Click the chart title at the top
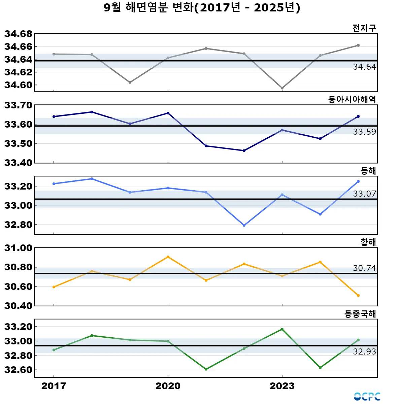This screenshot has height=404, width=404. (202, 7)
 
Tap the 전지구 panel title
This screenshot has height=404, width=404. (364, 28)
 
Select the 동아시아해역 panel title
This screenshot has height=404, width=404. (352, 99)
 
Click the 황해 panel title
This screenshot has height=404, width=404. (368, 242)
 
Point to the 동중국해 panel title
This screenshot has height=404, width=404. (360, 314)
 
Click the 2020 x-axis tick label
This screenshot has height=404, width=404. (168, 386)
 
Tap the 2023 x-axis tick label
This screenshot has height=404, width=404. (282, 386)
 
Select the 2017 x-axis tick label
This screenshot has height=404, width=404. (54, 386)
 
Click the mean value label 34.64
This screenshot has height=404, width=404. (364, 67)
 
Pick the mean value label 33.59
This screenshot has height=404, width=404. (364, 132)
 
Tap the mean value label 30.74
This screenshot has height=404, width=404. (364, 268)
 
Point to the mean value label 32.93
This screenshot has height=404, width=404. (364, 352)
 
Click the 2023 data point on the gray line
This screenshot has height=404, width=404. (282, 88)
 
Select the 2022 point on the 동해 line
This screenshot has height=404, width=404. (244, 225)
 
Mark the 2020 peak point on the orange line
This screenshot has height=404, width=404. (168, 257)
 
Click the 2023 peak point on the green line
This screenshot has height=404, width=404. (282, 329)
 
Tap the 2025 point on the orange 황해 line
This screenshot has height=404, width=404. (358, 296)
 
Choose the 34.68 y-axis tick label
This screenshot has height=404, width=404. (19, 34)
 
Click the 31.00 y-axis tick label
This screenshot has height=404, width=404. (19, 248)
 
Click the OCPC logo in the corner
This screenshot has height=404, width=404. (367, 397)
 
